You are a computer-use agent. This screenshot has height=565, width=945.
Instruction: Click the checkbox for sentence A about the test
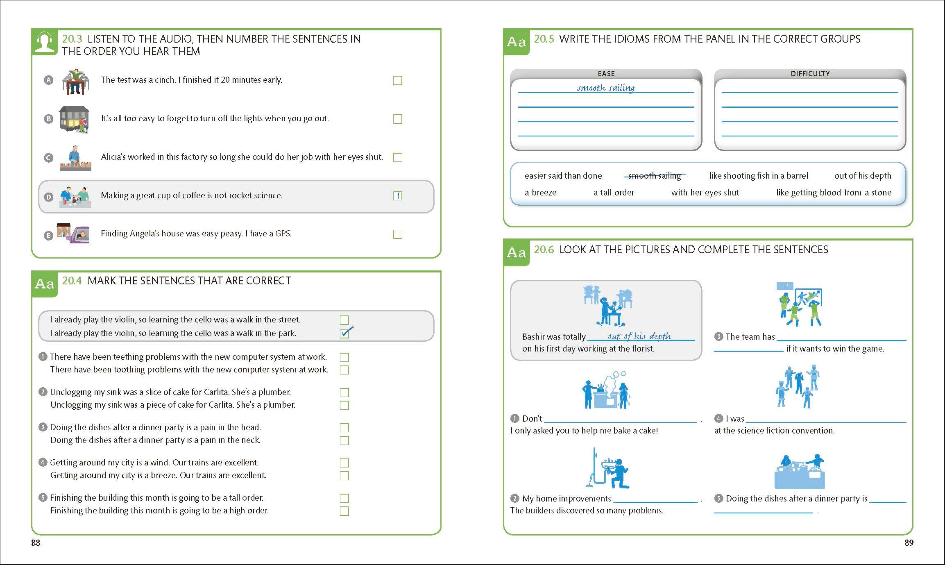(397, 81)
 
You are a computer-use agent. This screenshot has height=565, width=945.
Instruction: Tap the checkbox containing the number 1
(397, 196)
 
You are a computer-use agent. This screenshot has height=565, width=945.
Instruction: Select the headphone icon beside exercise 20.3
(44, 42)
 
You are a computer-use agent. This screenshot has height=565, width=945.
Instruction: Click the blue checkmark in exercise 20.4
(347, 332)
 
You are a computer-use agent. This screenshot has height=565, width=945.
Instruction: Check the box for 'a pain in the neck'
(344, 440)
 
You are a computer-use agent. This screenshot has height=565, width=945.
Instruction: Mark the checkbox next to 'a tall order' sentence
(344, 498)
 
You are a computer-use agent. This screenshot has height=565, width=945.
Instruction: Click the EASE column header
(606, 74)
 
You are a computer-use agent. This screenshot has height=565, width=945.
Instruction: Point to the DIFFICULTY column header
(810, 74)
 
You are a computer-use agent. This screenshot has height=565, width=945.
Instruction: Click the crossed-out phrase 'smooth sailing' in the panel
(654, 176)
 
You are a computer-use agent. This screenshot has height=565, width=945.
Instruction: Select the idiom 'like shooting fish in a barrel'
(758, 176)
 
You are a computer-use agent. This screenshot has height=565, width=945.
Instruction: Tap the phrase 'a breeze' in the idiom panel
(540, 193)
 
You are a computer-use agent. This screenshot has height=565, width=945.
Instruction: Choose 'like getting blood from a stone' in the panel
(834, 193)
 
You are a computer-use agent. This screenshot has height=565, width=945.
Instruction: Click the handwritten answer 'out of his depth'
(639, 336)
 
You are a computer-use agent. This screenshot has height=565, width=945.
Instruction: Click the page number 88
(36, 543)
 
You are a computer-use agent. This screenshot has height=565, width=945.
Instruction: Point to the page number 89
(909, 543)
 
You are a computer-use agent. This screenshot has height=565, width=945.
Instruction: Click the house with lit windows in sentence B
(74, 119)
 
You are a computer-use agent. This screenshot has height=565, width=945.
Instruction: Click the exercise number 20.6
(544, 250)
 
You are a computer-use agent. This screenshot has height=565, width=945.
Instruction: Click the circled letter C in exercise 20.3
(48, 158)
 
